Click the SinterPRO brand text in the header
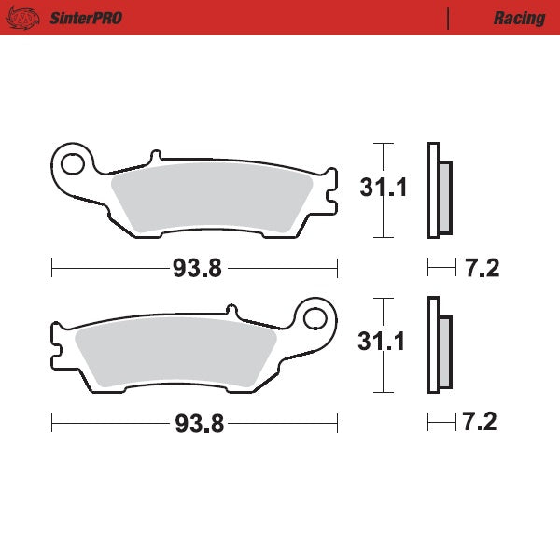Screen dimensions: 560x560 pos(87,18)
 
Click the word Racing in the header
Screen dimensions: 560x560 pos(520,18)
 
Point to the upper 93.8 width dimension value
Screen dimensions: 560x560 pos(196,269)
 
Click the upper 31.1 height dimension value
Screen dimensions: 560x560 pos(384,189)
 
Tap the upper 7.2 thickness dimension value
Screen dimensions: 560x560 pos(482,269)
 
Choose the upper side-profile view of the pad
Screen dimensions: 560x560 pos(439,191)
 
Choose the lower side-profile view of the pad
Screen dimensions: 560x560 pos(439,345)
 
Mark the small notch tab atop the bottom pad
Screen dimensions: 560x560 pos(230,309)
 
